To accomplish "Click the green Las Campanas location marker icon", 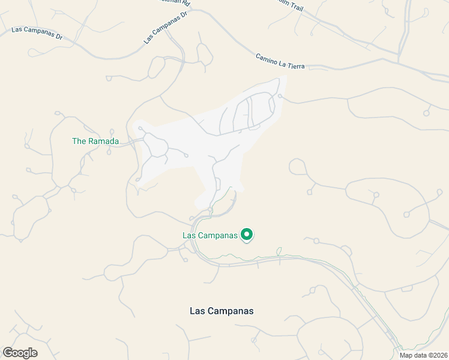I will [246, 235].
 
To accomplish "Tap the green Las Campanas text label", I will [210, 235].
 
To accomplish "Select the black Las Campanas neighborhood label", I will [221, 311].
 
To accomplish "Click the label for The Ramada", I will [95, 142].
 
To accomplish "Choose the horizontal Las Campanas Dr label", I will [37, 32].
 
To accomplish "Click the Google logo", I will [20, 353].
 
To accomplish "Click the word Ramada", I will [103, 142].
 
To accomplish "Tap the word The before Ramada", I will [79, 142].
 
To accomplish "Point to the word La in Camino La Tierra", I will [283, 62].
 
